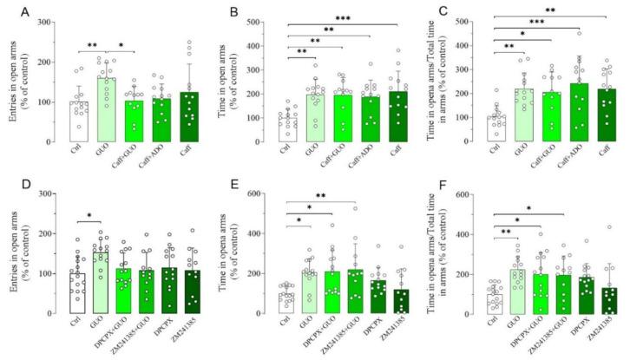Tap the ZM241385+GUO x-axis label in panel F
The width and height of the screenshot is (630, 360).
pos(549,340)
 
